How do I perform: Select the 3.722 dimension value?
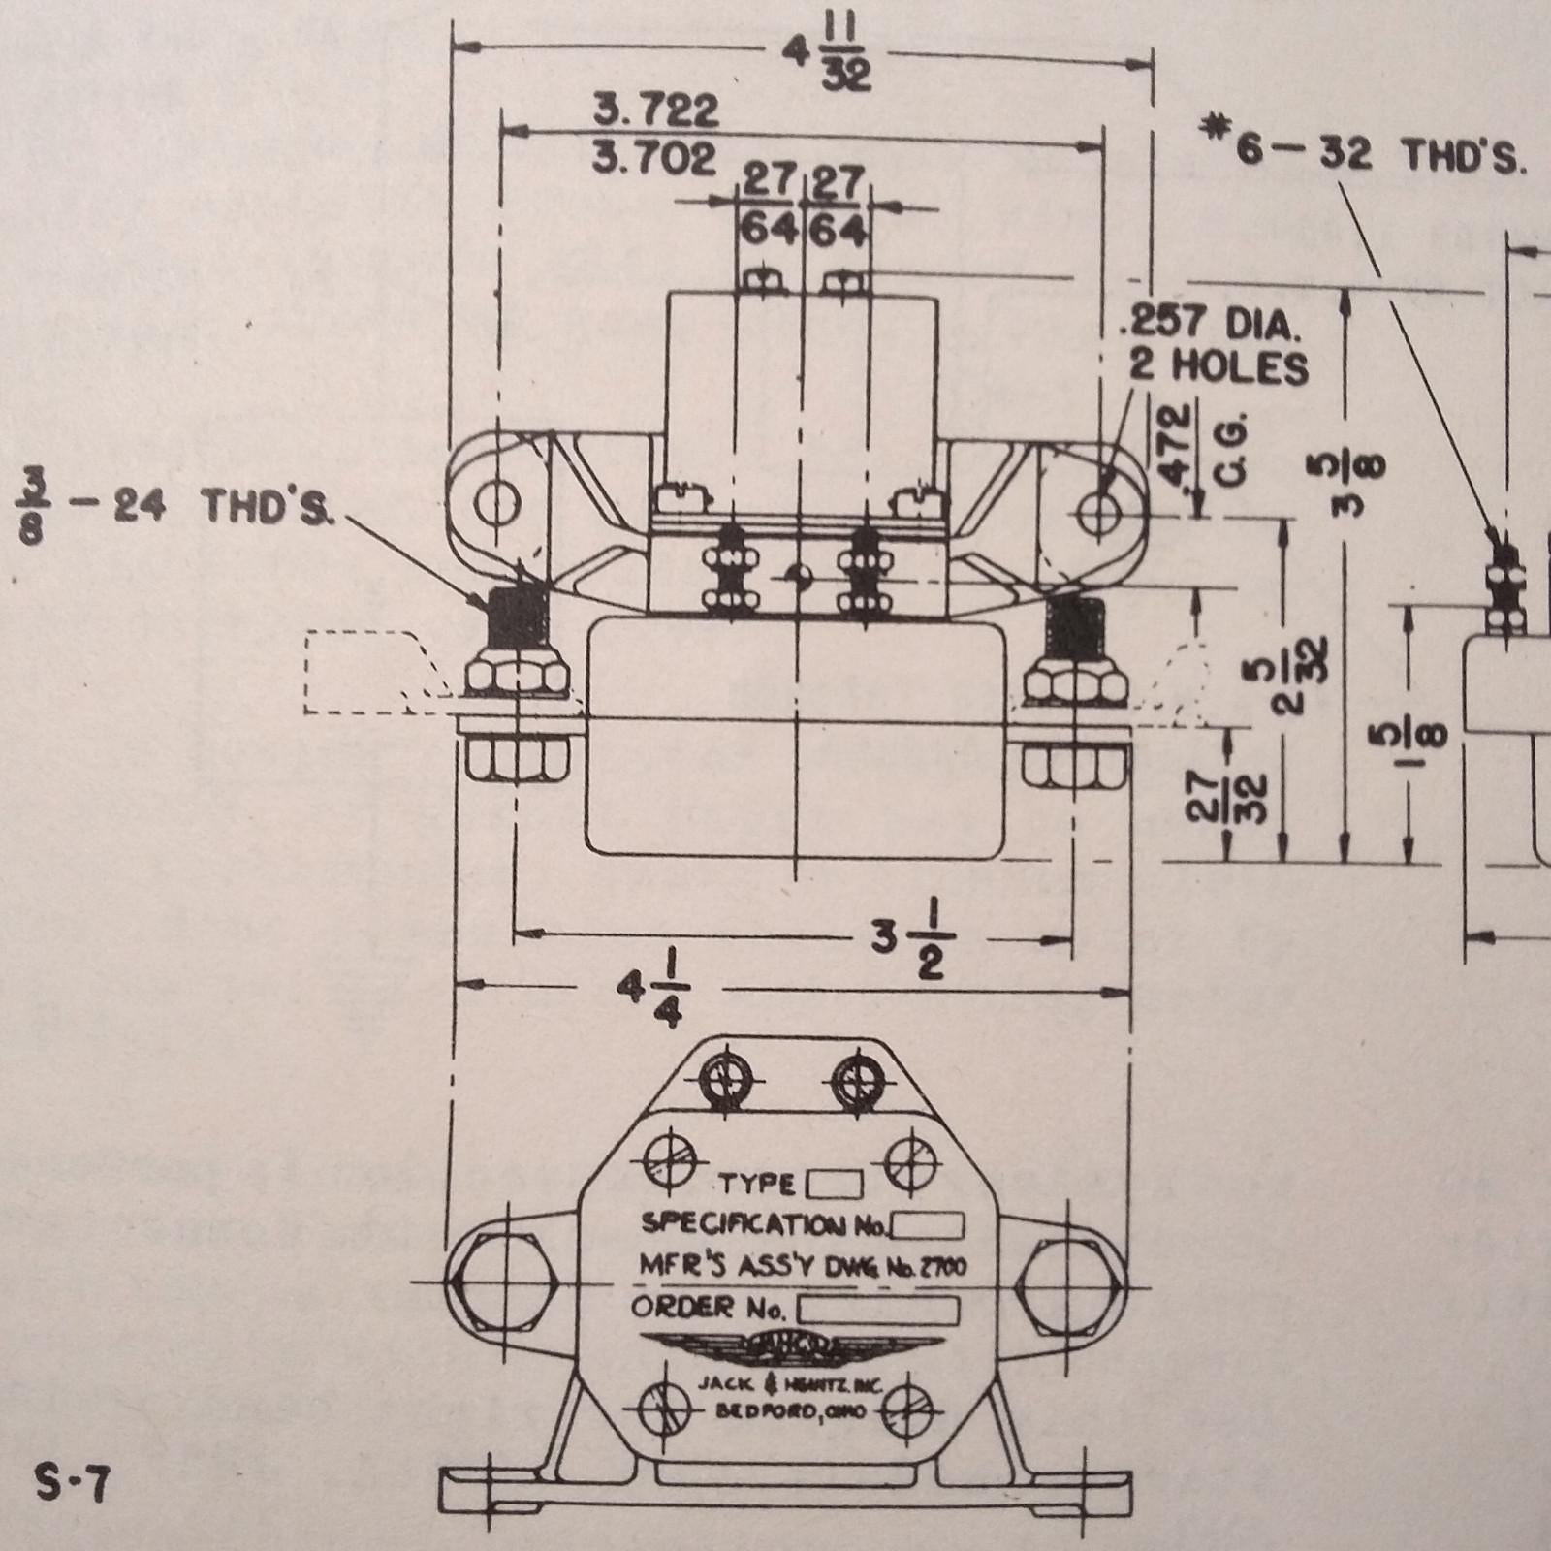(x=656, y=111)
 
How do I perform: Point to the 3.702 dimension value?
(x=656, y=158)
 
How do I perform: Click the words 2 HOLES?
(x=1218, y=367)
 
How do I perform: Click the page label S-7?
(x=73, y=1483)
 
